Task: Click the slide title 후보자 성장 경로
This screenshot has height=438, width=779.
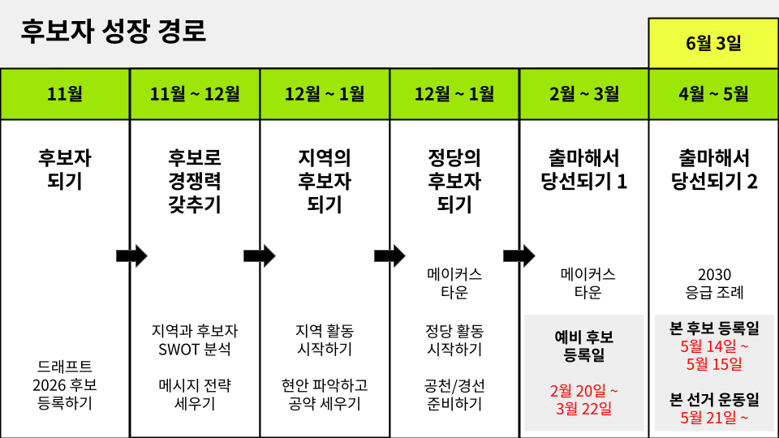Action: tap(114, 32)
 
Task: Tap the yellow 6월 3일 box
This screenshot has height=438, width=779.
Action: tap(713, 43)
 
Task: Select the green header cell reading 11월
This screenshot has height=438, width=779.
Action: tap(65, 94)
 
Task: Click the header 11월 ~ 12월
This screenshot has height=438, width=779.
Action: tap(195, 94)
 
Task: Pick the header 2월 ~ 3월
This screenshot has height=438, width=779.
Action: tap(584, 94)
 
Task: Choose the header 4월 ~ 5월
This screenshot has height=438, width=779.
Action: tap(713, 94)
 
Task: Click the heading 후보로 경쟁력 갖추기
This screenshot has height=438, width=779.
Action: tap(195, 180)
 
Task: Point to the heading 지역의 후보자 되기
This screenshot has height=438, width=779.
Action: tap(325, 180)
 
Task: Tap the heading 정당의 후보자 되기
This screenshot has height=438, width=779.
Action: tap(454, 180)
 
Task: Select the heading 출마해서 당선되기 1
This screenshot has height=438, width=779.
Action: tap(584, 169)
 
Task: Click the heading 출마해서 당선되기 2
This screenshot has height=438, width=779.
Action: tap(713, 169)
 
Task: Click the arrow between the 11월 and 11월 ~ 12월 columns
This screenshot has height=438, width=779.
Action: tap(131, 256)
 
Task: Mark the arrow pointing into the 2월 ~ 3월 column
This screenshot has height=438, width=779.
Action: tap(519, 256)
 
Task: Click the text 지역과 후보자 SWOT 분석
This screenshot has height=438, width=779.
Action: tap(195, 341)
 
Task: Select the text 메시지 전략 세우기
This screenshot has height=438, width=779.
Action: tap(195, 393)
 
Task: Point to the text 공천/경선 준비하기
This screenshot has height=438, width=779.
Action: tap(454, 393)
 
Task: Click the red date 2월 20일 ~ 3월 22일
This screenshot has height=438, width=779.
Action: tap(584, 399)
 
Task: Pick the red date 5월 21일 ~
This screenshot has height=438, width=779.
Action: tap(713, 419)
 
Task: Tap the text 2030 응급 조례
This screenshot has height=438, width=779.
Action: tap(713, 283)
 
